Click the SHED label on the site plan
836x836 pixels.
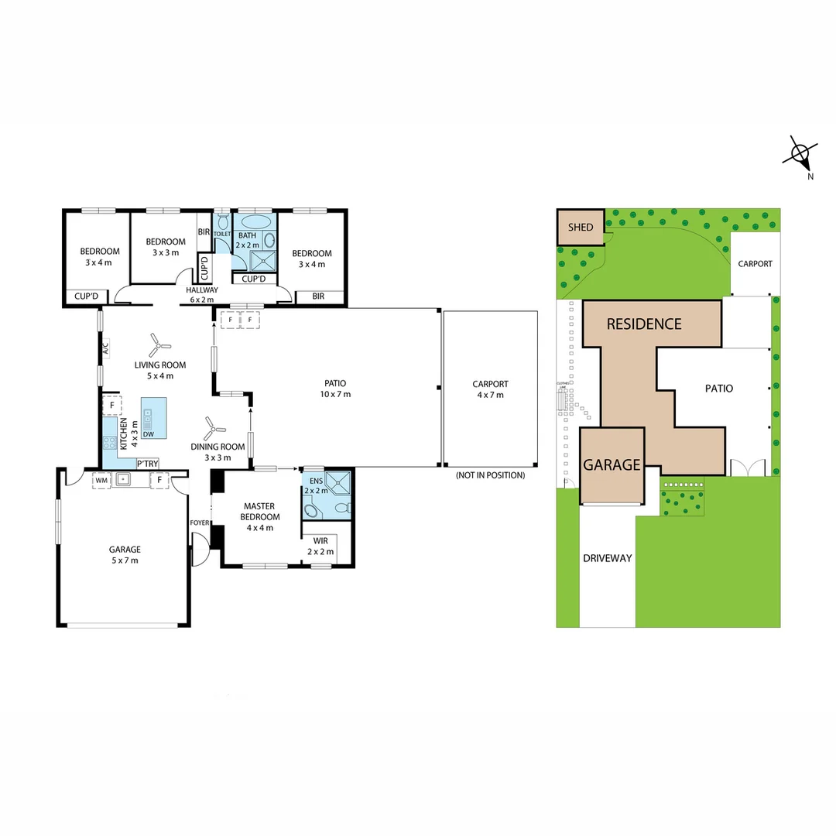580,227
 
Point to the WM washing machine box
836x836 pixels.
101,480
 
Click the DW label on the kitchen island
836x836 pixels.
148,434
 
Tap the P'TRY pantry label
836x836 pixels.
147,464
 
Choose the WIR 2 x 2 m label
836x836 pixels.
320,546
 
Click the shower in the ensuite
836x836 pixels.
338,483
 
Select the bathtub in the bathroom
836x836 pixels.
255,221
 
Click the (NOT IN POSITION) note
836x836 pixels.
490,475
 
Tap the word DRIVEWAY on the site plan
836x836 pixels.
608,558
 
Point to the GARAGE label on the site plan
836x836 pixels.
612,464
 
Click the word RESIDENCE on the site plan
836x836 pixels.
643,324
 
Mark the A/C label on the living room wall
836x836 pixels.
104,349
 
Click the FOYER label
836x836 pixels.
199,522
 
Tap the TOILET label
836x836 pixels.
222,233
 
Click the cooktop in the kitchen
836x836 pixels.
108,444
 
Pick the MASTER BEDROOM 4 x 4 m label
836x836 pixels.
259,517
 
